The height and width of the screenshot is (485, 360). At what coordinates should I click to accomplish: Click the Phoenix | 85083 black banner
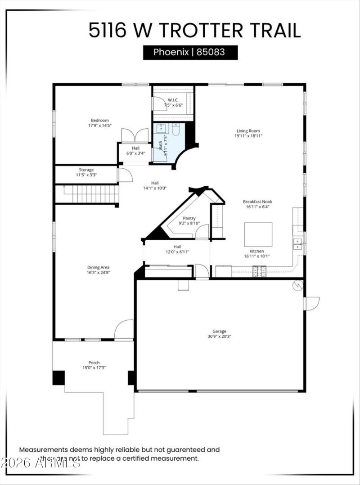(190, 52)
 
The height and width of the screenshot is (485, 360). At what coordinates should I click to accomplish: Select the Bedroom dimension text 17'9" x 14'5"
(99, 126)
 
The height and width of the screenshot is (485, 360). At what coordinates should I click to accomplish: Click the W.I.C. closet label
(173, 100)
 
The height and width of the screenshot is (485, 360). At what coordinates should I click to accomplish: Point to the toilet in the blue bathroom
(175, 130)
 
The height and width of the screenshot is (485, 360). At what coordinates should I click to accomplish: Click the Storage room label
(86, 170)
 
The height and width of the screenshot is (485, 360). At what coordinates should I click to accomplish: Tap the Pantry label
(189, 218)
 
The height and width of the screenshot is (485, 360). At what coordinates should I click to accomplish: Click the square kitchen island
(258, 234)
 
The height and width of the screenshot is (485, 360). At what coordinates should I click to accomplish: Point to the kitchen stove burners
(259, 271)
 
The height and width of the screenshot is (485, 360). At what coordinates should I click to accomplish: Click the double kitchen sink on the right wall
(297, 244)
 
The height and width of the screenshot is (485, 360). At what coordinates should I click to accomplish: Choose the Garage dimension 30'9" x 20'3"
(220, 336)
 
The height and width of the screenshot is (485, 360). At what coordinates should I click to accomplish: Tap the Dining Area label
(98, 267)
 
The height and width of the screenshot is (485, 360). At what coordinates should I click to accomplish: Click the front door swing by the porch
(124, 330)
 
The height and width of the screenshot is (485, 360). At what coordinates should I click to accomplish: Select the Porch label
(94, 363)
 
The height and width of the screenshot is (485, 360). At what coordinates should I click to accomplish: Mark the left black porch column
(58, 377)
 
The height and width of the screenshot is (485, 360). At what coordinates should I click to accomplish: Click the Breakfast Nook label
(257, 202)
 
